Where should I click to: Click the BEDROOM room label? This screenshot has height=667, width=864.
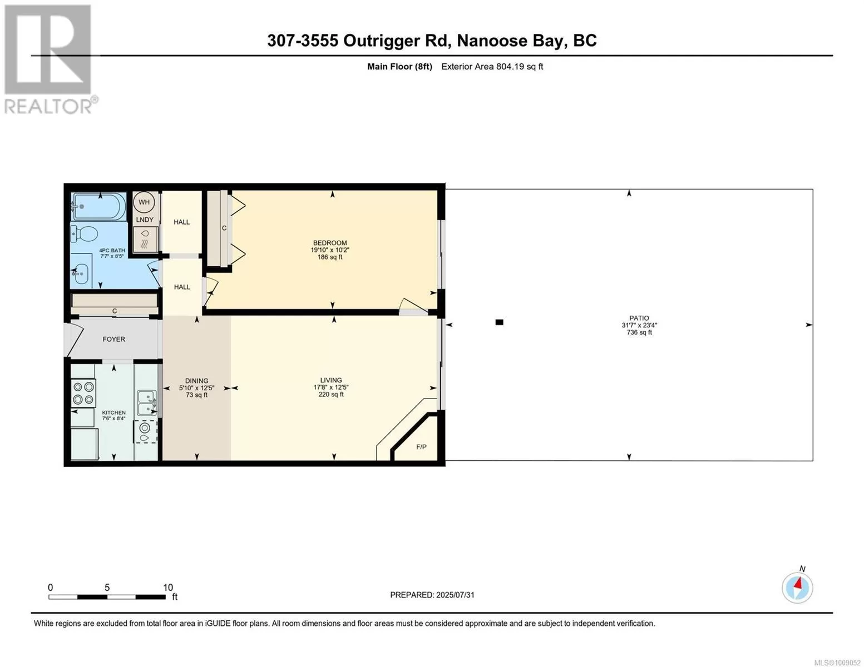point(329,243)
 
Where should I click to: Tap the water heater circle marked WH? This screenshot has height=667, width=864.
point(144,202)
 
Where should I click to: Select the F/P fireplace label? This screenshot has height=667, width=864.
point(421,447)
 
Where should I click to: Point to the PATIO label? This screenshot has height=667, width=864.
point(639,318)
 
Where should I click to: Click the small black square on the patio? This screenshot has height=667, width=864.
point(500,322)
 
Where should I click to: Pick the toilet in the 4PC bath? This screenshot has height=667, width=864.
point(84,234)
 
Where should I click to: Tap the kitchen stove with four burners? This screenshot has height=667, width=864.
point(83,393)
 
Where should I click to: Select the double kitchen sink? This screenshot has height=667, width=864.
point(147,402)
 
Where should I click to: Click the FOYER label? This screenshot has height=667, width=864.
point(113,339)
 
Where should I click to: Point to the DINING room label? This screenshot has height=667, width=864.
point(196,381)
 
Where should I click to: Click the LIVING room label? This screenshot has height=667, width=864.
point(331,380)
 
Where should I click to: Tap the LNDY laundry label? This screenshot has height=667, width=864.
point(144,220)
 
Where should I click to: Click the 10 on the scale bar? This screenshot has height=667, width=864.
point(168,587)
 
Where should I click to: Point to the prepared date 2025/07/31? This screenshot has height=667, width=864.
point(455,595)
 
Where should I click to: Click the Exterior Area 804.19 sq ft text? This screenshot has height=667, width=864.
point(492,67)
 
